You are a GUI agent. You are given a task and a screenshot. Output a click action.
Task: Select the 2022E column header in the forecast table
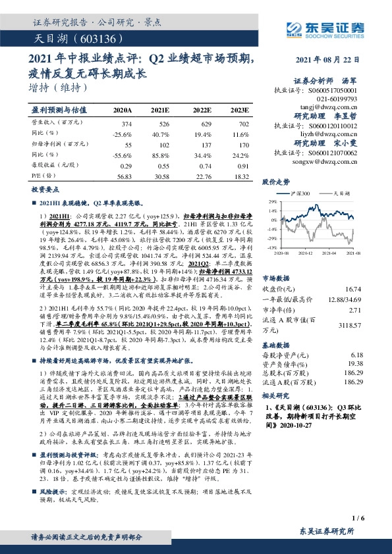point(202,111)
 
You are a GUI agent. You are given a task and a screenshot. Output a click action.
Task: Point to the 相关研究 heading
point(276,396)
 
